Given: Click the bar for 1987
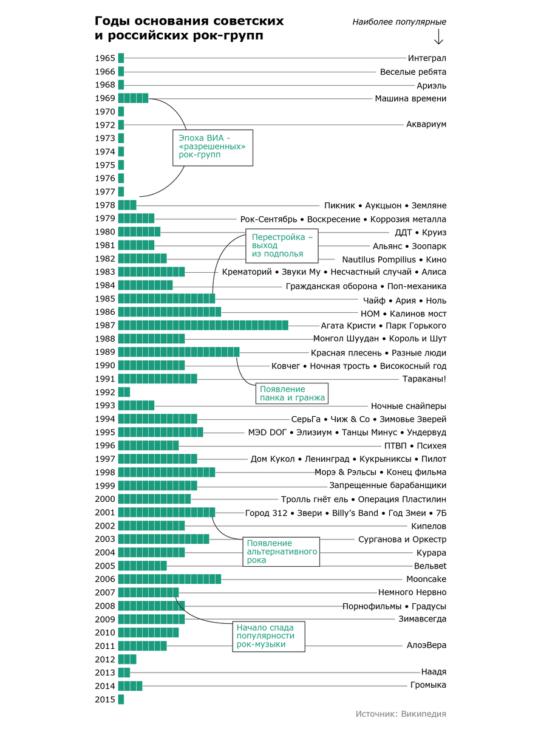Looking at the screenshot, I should tap(203, 326).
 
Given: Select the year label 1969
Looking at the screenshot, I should tap(105, 98).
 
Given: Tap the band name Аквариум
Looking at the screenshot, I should tap(426, 125).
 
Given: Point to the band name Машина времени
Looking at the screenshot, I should tap(410, 98).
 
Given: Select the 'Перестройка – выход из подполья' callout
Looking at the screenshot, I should tap(282, 245).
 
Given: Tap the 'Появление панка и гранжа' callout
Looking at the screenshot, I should tap(291, 393).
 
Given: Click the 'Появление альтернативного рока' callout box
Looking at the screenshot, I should tap(281, 552).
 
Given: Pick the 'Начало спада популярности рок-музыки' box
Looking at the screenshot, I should tap(268, 636).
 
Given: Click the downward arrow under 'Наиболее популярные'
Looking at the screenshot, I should tap(438, 37).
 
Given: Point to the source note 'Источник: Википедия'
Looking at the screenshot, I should tap(401, 714).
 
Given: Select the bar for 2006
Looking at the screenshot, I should tap(169, 579).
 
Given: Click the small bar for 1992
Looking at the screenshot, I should tap(124, 392).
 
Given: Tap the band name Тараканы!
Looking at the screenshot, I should tap(424, 379).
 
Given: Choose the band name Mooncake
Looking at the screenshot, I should tap(426, 579).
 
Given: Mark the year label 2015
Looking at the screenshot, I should tap(105, 699).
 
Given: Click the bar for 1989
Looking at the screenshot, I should tap(179, 352).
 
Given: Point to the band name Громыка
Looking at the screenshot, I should tap(428, 685).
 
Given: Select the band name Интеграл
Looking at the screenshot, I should tap(427, 58).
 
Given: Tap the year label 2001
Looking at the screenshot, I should tap(105, 512).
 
